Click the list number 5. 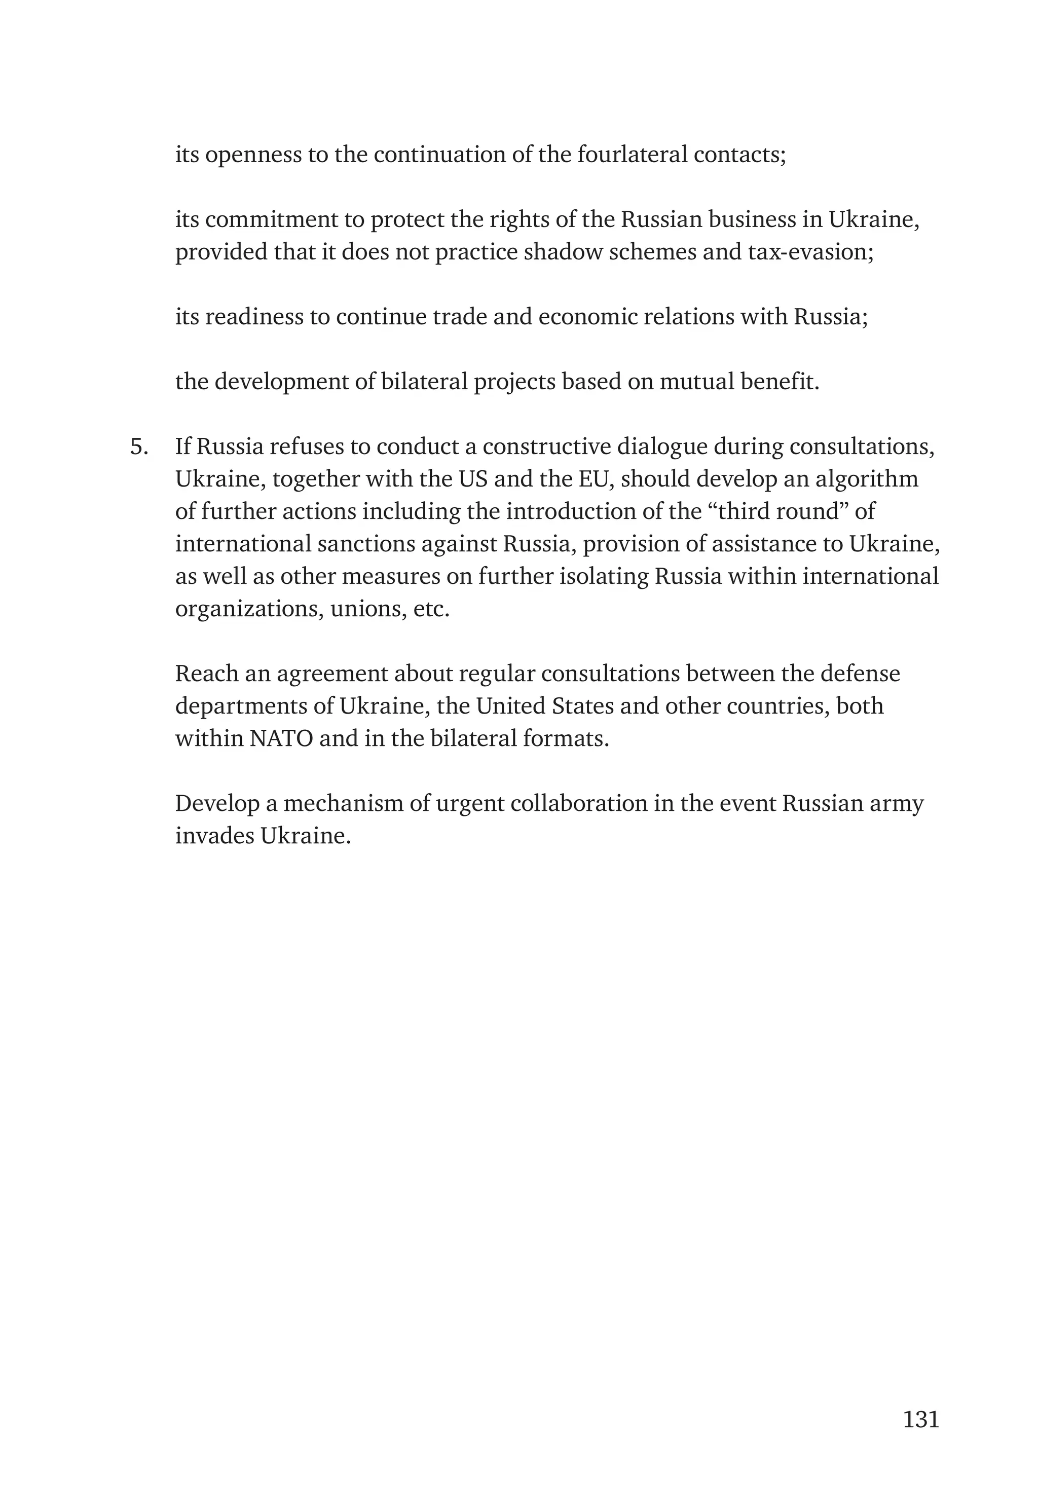tap(139, 447)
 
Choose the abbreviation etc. tap(431, 609)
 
